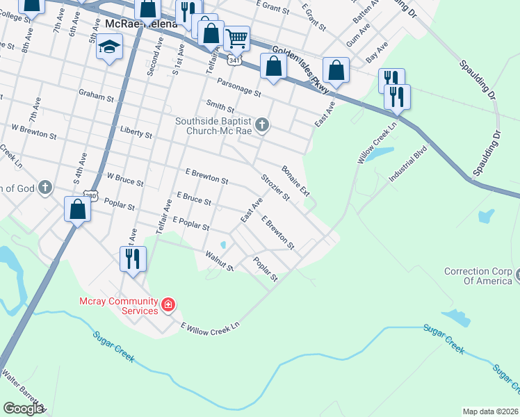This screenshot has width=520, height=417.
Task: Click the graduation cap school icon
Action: point(109,47)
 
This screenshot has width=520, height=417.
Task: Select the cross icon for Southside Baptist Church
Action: point(261,125)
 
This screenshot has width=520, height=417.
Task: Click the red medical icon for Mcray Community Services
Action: point(168,304)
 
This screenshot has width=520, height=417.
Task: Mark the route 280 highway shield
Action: point(90,195)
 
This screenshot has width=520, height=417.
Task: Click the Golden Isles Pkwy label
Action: point(300,67)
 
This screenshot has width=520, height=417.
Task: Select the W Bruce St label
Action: point(124,180)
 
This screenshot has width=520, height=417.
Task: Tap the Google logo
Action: point(22,408)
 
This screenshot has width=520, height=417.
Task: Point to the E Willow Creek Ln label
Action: point(211,325)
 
